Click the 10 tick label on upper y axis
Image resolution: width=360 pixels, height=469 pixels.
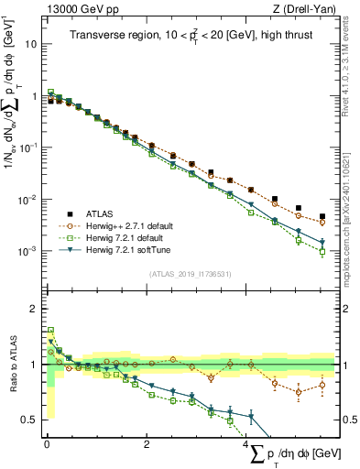tap(30, 43)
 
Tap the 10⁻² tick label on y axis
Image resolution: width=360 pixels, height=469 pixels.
tap(27, 199)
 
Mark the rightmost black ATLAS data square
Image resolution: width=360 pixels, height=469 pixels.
tap(322, 216)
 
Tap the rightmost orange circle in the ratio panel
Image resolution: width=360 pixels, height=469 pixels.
tap(322, 385)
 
